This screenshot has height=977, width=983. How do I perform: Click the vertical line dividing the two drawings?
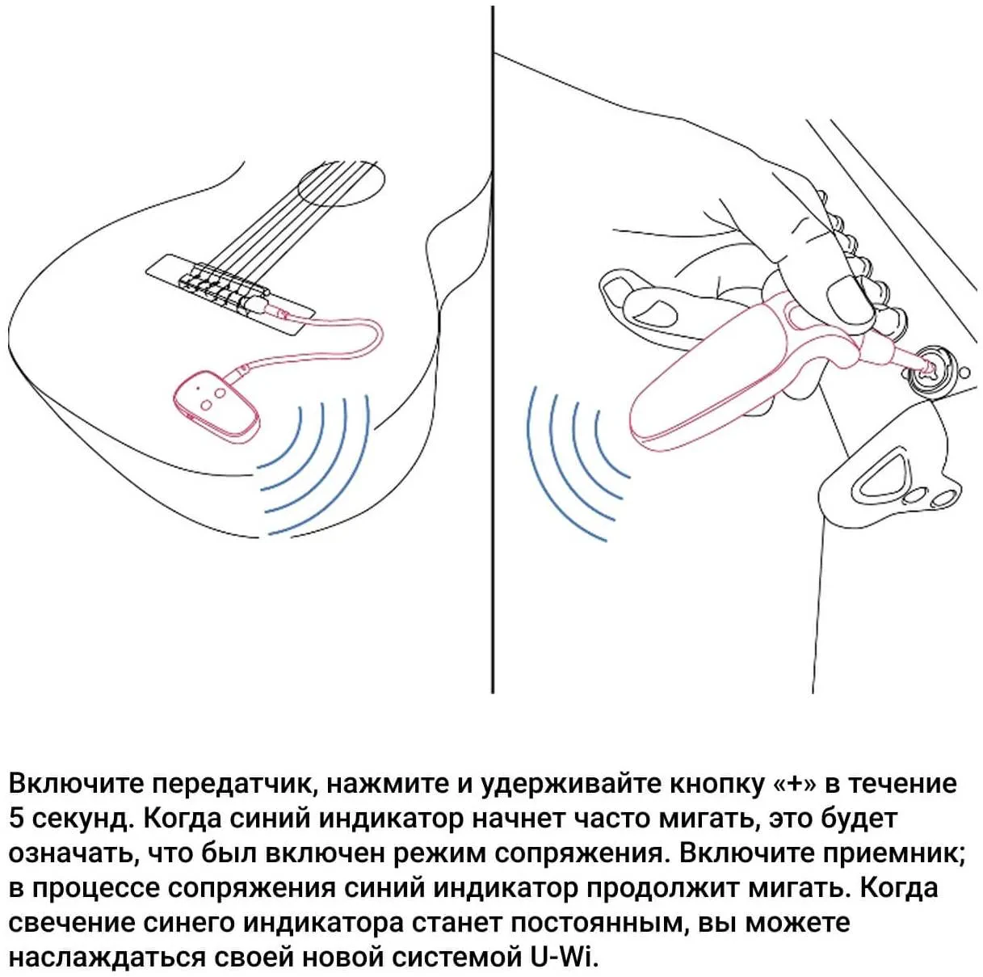tap(492, 350)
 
